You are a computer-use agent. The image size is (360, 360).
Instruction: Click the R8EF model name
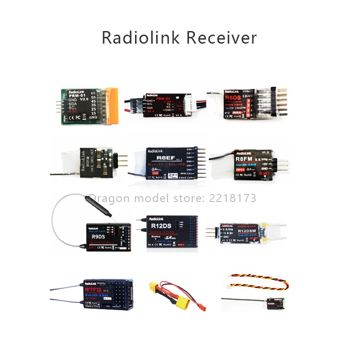pos(161,158)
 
